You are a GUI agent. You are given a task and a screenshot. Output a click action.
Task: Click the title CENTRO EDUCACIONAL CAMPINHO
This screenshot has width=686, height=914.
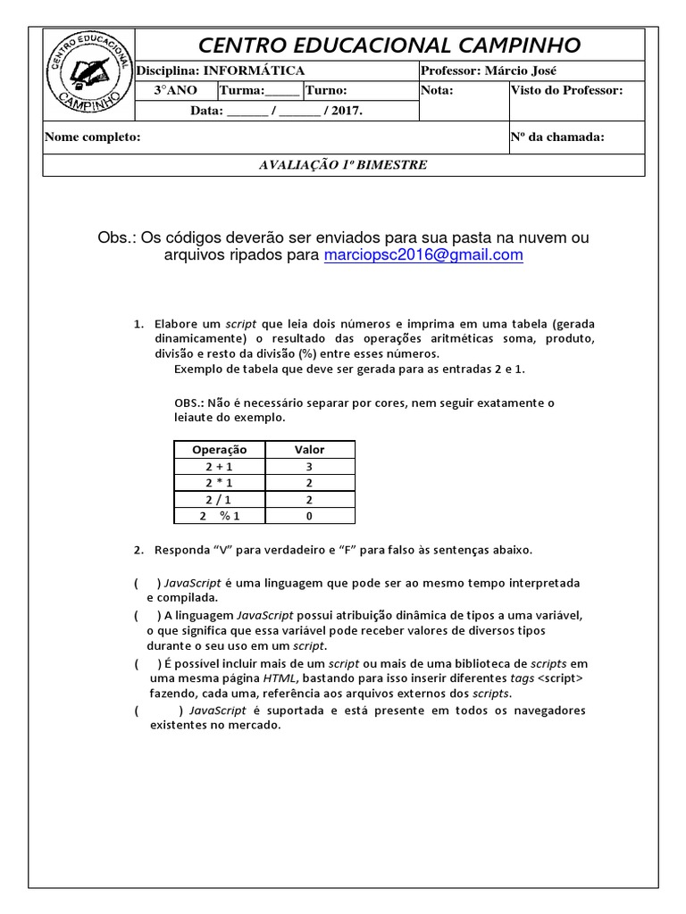[389, 45]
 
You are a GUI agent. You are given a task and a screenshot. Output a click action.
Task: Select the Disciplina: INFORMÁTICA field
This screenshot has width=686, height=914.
[219, 71]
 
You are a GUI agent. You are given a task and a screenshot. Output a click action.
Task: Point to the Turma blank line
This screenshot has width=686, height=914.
[283, 92]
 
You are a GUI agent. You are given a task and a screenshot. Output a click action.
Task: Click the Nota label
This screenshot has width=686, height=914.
[437, 90]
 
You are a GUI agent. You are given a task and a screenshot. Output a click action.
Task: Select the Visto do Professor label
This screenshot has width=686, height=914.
[565, 90]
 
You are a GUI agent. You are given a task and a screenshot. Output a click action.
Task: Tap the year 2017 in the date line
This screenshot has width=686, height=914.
[345, 112]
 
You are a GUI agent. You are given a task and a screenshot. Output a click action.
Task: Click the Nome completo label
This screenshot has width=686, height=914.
[92, 137]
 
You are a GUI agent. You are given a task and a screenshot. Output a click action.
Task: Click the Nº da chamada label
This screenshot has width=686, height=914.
[556, 137]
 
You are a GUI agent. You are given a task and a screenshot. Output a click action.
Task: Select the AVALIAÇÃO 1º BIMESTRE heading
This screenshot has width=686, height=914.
[343, 165]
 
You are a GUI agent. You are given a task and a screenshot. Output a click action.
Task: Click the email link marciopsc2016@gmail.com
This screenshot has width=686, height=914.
[423, 255]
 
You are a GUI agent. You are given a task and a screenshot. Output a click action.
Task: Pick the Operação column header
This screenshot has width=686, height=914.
[218, 450]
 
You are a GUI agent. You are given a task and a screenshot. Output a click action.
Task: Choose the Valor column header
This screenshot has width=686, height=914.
[309, 450]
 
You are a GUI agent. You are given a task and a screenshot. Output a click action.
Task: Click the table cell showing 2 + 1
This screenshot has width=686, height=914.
[218, 467]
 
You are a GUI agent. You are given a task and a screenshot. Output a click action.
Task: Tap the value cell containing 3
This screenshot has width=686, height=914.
[309, 467]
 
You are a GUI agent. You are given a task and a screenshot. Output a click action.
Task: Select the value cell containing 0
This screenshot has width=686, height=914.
[309, 516]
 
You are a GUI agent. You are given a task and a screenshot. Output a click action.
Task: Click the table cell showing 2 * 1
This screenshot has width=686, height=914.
[218, 483]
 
